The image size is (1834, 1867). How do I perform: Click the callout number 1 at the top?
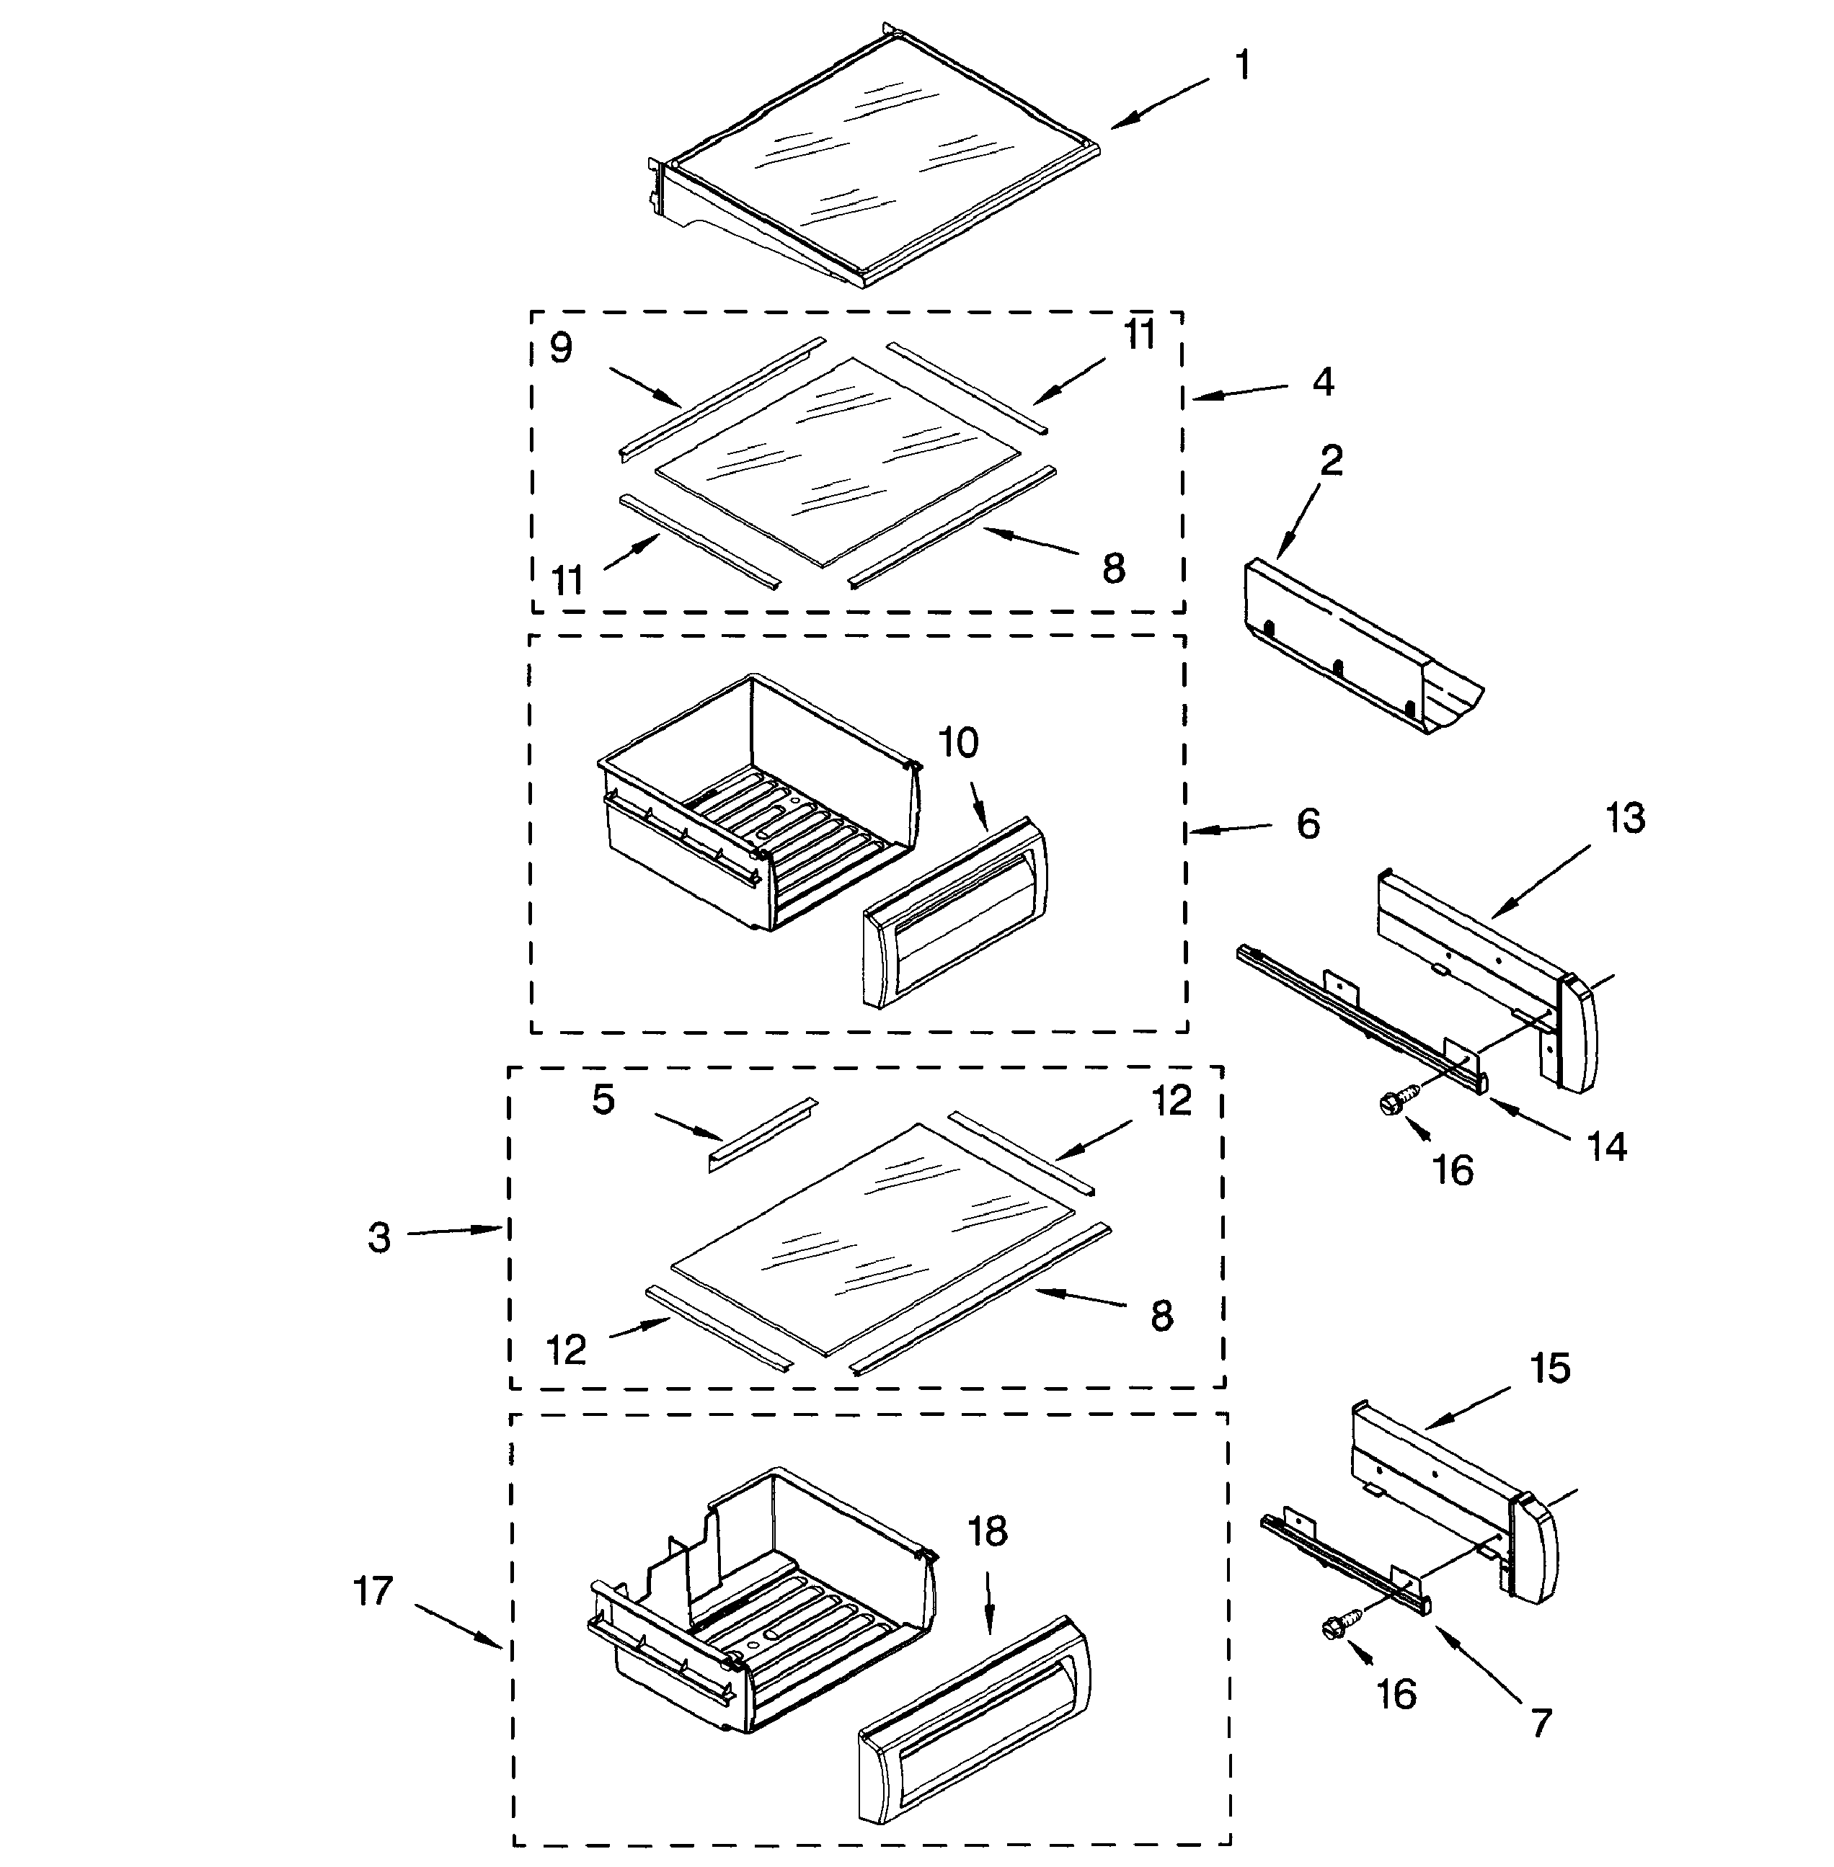click(1243, 66)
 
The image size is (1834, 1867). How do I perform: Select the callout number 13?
click(1625, 819)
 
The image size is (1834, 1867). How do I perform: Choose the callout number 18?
click(988, 1531)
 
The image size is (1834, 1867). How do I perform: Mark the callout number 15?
click(1550, 1368)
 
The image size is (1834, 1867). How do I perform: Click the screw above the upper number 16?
click(1396, 1100)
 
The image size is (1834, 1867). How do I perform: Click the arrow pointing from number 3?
click(453, 1231)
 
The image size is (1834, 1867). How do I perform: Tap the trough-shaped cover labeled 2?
click(1358, 655)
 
